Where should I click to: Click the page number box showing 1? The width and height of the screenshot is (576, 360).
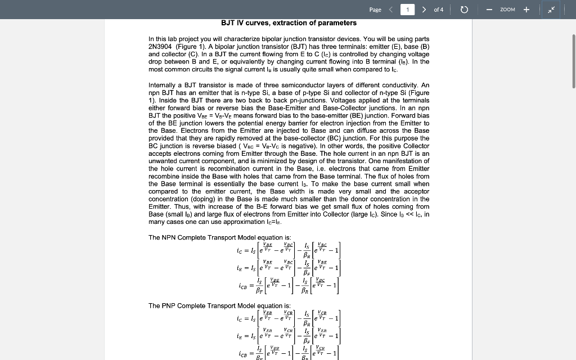tap(407, 10)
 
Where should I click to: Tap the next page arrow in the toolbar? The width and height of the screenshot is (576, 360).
tap(424, 10)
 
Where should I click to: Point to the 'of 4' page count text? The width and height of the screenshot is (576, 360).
tap(439, 10)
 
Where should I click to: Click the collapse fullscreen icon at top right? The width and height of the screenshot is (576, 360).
tap(552, 10)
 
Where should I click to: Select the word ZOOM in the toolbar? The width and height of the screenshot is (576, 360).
tap(507, 10)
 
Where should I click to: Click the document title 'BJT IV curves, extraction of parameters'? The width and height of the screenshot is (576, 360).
tap(289, 23)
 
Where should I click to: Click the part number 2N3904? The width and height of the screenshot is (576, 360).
tap(160, 47)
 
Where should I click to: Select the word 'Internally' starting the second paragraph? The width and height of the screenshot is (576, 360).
tap(164, 85)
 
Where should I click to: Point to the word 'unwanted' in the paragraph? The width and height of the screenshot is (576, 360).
tap(163, 161)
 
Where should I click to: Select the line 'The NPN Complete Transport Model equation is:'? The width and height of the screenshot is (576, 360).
tap(219, 237)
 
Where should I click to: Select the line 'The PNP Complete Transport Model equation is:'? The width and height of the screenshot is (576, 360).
tap(219, 305)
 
